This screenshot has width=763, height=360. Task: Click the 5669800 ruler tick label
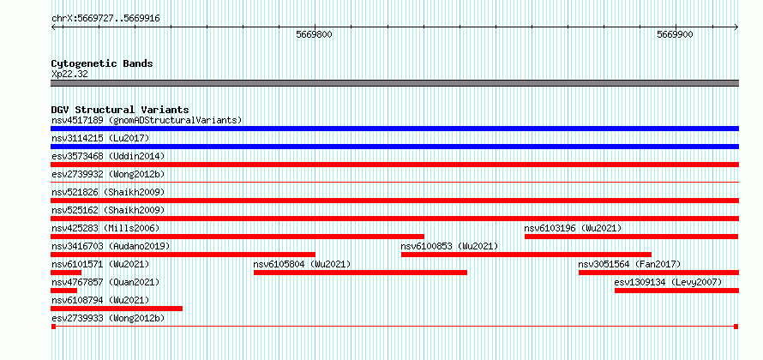315,34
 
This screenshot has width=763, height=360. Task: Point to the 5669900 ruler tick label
675,34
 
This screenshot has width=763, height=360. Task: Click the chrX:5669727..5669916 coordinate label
105,19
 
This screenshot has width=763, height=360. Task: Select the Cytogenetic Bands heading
102,63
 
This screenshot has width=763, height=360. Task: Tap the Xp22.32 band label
69,75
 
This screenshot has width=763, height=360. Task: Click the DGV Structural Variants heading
120,110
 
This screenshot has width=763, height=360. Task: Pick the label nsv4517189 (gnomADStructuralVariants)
147,120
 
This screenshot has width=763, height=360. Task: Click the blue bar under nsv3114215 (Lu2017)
394,147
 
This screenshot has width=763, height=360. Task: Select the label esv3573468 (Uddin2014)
108,156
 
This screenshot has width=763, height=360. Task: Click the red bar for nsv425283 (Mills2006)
237,237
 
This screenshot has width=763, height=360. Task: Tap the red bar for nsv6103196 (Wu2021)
631,237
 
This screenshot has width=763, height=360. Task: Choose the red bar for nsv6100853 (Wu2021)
526,255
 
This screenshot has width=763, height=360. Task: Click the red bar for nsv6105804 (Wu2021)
360,273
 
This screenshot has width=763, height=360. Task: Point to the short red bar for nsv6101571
66,273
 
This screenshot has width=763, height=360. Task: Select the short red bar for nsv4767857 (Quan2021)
63,291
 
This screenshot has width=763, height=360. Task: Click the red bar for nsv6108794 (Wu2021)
117,309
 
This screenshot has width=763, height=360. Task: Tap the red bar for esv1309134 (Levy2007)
677,291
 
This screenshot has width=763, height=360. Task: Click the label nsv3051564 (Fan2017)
629,264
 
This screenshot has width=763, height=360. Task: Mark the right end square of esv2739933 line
736,326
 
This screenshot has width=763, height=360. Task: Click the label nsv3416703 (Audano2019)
111,246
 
